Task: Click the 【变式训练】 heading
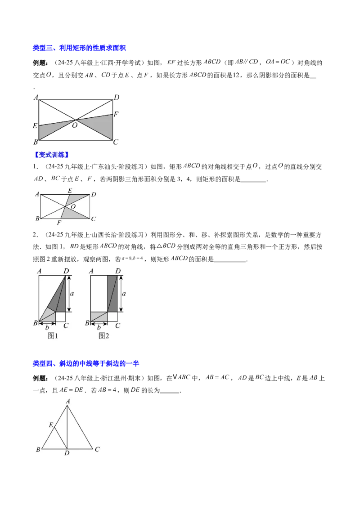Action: (x=51, y=155)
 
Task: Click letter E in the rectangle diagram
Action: (x=70, y=190)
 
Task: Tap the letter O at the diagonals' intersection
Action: (x=73, y=206)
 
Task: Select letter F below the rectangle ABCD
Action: (x=59, y=223)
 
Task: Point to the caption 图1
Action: (x=53, y=335)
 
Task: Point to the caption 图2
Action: (x=104, y=335)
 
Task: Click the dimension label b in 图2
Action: (x=99, y=327)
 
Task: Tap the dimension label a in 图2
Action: (x=124, y=293)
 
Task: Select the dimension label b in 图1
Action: (x=47, y=327)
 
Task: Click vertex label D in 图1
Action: (x=66, y=271)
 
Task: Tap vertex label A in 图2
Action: (x=91, y=271)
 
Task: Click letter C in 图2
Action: (x=117, y=326)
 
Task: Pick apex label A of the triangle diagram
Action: (x=67, y=401)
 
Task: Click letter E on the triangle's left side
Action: (x=51, y=424)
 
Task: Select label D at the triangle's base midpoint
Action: (x=67, y=453)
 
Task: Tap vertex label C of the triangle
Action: (x=97, y=449)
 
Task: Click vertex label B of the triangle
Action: (x=38, y=449)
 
